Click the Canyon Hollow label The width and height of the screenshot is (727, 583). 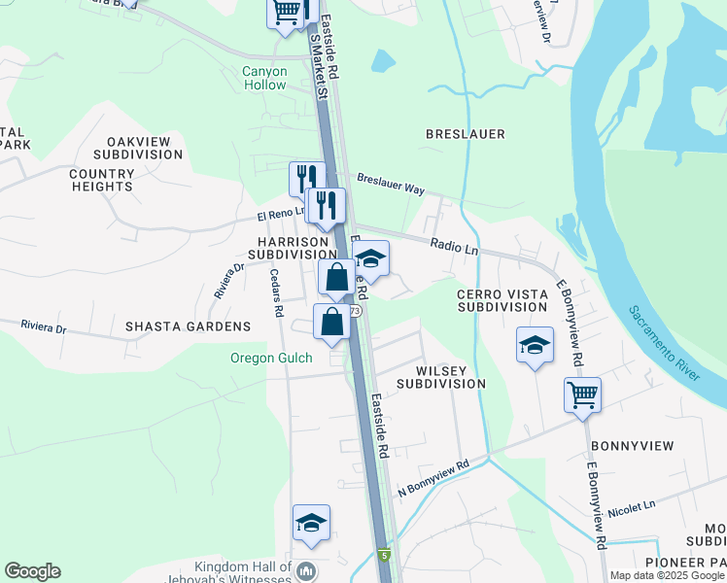[x=264, y=79]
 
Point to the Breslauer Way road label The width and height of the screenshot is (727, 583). [x=391, y=184]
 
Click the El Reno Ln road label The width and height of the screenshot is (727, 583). [x=281, y=215]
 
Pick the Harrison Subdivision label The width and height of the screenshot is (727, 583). [x=291, y=248]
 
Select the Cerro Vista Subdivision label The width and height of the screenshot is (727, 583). [x=502, y=300]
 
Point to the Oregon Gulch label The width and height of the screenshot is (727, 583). [x=271, y=359]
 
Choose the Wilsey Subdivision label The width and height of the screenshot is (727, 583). [x=450, y=377]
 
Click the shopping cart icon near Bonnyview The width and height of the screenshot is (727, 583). [x=582, y=395]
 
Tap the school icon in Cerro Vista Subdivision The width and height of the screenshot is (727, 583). [x=535, y=346]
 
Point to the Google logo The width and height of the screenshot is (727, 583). [x=32, y=571]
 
